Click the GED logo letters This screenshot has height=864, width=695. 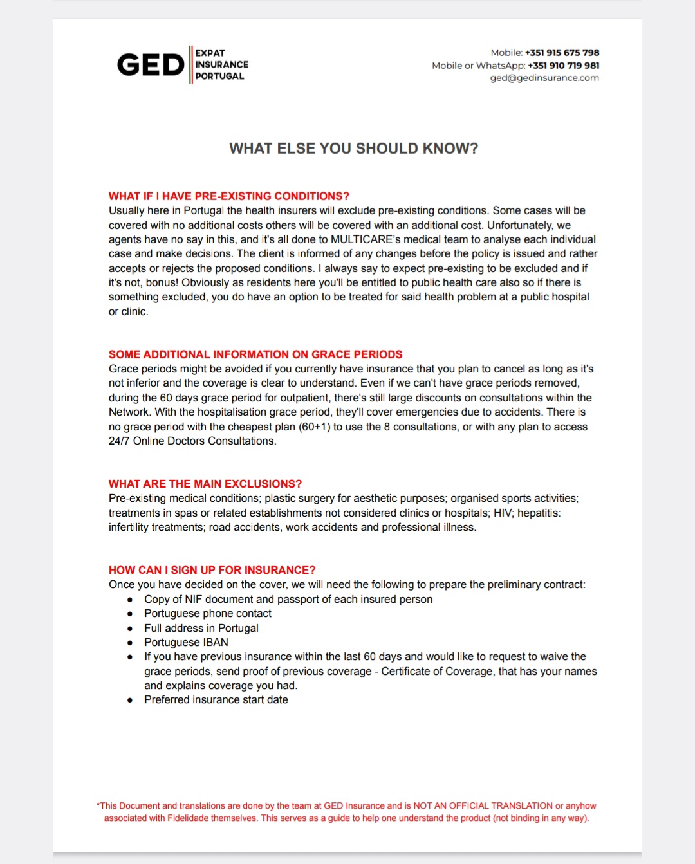tap(151, 65)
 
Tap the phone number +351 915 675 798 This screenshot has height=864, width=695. tap(562, 53)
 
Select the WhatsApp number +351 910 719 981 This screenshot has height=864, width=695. tap(563, 66)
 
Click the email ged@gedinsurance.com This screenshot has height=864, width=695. tap(544, 78)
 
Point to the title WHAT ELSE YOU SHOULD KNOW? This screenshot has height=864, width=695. tap(353, 149)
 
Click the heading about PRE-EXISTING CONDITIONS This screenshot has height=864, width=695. tap(228, 196)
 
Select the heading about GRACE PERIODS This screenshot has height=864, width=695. tap(255, 354)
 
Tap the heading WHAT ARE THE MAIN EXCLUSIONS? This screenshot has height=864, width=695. tap(205, 484)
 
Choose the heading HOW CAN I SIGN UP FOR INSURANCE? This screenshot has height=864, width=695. tap(212, 570)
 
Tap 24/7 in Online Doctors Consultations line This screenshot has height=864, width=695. tap(119, 441)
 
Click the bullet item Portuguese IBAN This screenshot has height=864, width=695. tap(186, 642)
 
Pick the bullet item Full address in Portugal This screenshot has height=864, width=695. tap(201, 628)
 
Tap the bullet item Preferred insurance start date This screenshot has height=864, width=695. tap(216, 699)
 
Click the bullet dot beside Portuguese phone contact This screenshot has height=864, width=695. tap(130, 614)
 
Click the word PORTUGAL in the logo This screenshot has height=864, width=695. tap(219, 76)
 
